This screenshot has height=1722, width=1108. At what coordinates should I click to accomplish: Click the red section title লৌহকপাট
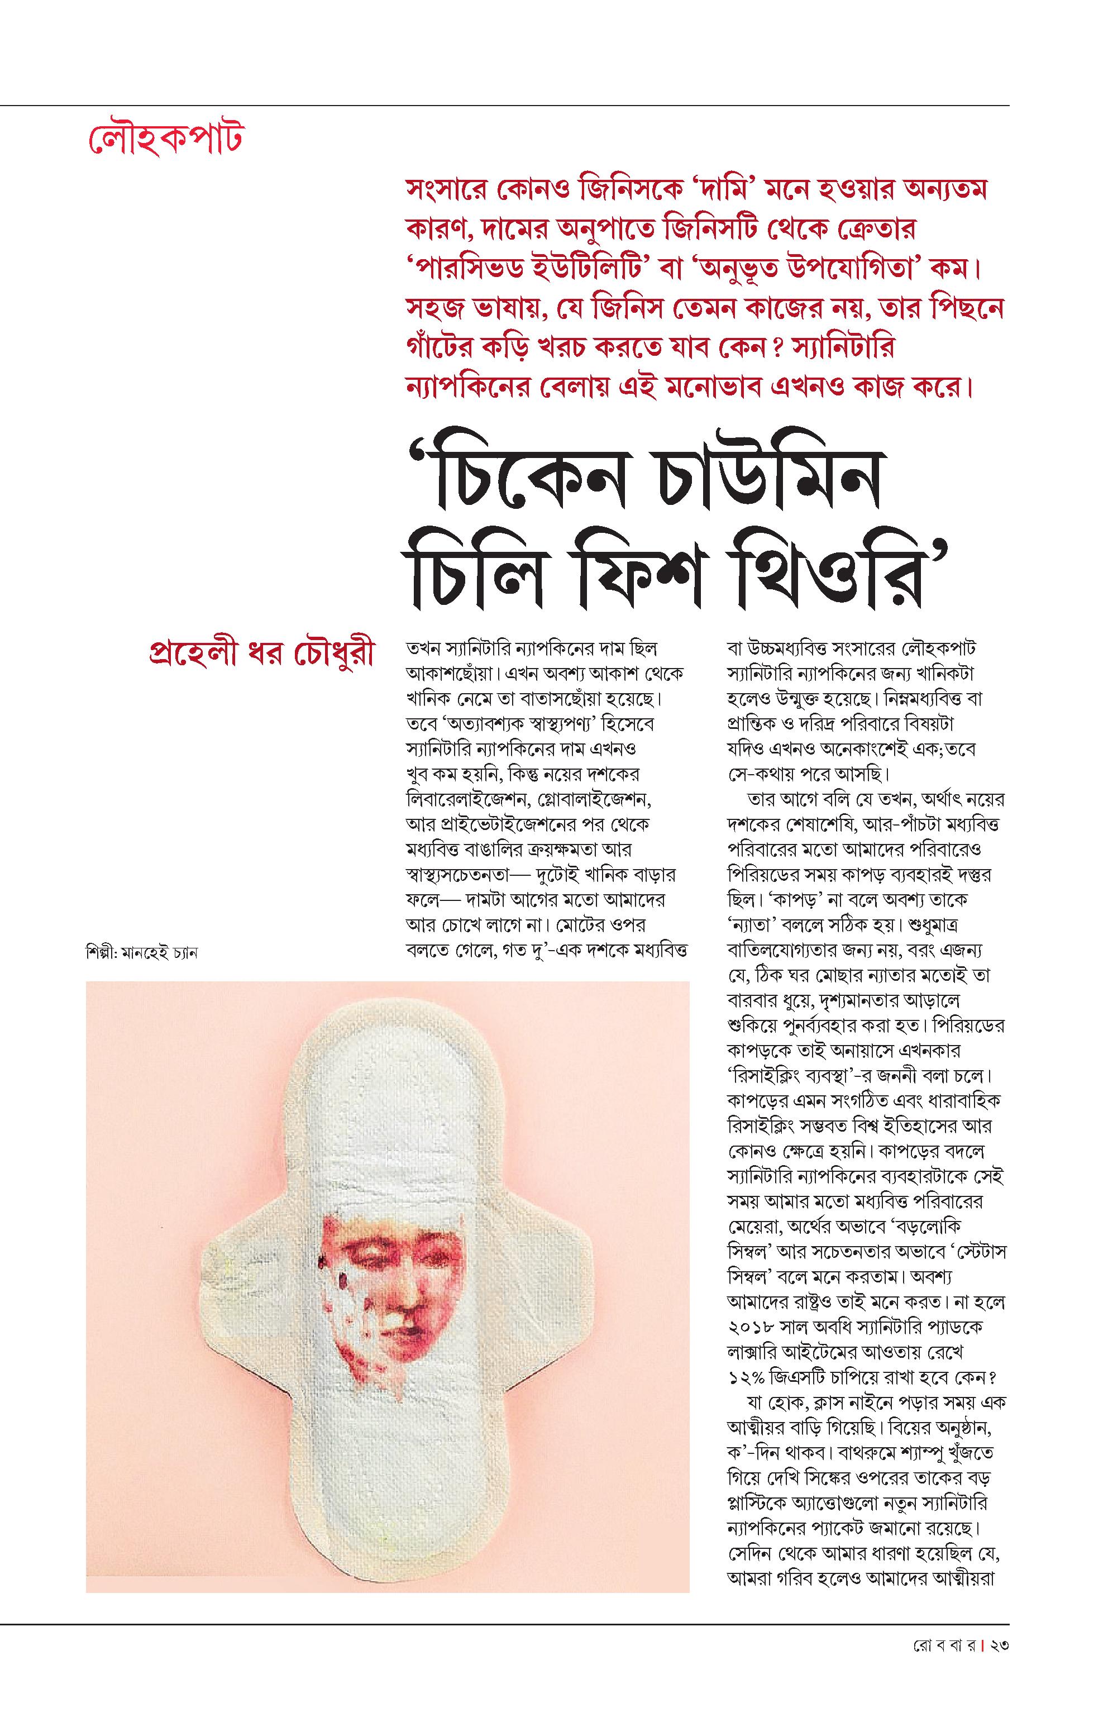[x=164, y=139]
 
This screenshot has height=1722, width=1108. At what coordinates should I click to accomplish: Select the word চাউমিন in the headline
[x=763, y=476]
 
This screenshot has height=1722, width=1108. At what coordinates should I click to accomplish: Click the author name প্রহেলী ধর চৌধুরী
[x=260, y=653]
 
